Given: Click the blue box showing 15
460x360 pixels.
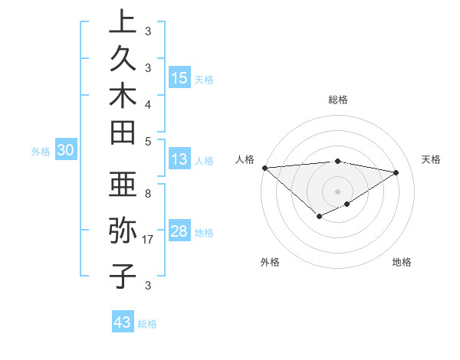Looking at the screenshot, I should tap(179, 77).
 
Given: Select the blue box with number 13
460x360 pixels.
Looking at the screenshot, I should tap(179, 160).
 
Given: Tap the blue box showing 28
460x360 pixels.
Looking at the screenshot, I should tap(179, 232).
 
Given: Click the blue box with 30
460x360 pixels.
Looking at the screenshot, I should tap(66, 151).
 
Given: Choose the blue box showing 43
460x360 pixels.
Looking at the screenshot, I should tap(123, 322).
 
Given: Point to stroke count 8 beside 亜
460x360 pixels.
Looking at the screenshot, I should tap(148, 194).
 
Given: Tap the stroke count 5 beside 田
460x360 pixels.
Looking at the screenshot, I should tap(148, 141).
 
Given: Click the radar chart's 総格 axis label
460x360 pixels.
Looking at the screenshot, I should tap(338, 100).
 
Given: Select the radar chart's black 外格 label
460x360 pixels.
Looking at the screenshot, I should tap(270, 262).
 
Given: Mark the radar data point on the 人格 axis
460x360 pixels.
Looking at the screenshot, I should tap(264, 167).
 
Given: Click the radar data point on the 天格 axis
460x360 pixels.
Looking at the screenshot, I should tap(396, 172).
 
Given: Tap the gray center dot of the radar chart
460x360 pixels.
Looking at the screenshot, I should tap(338, 191).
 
